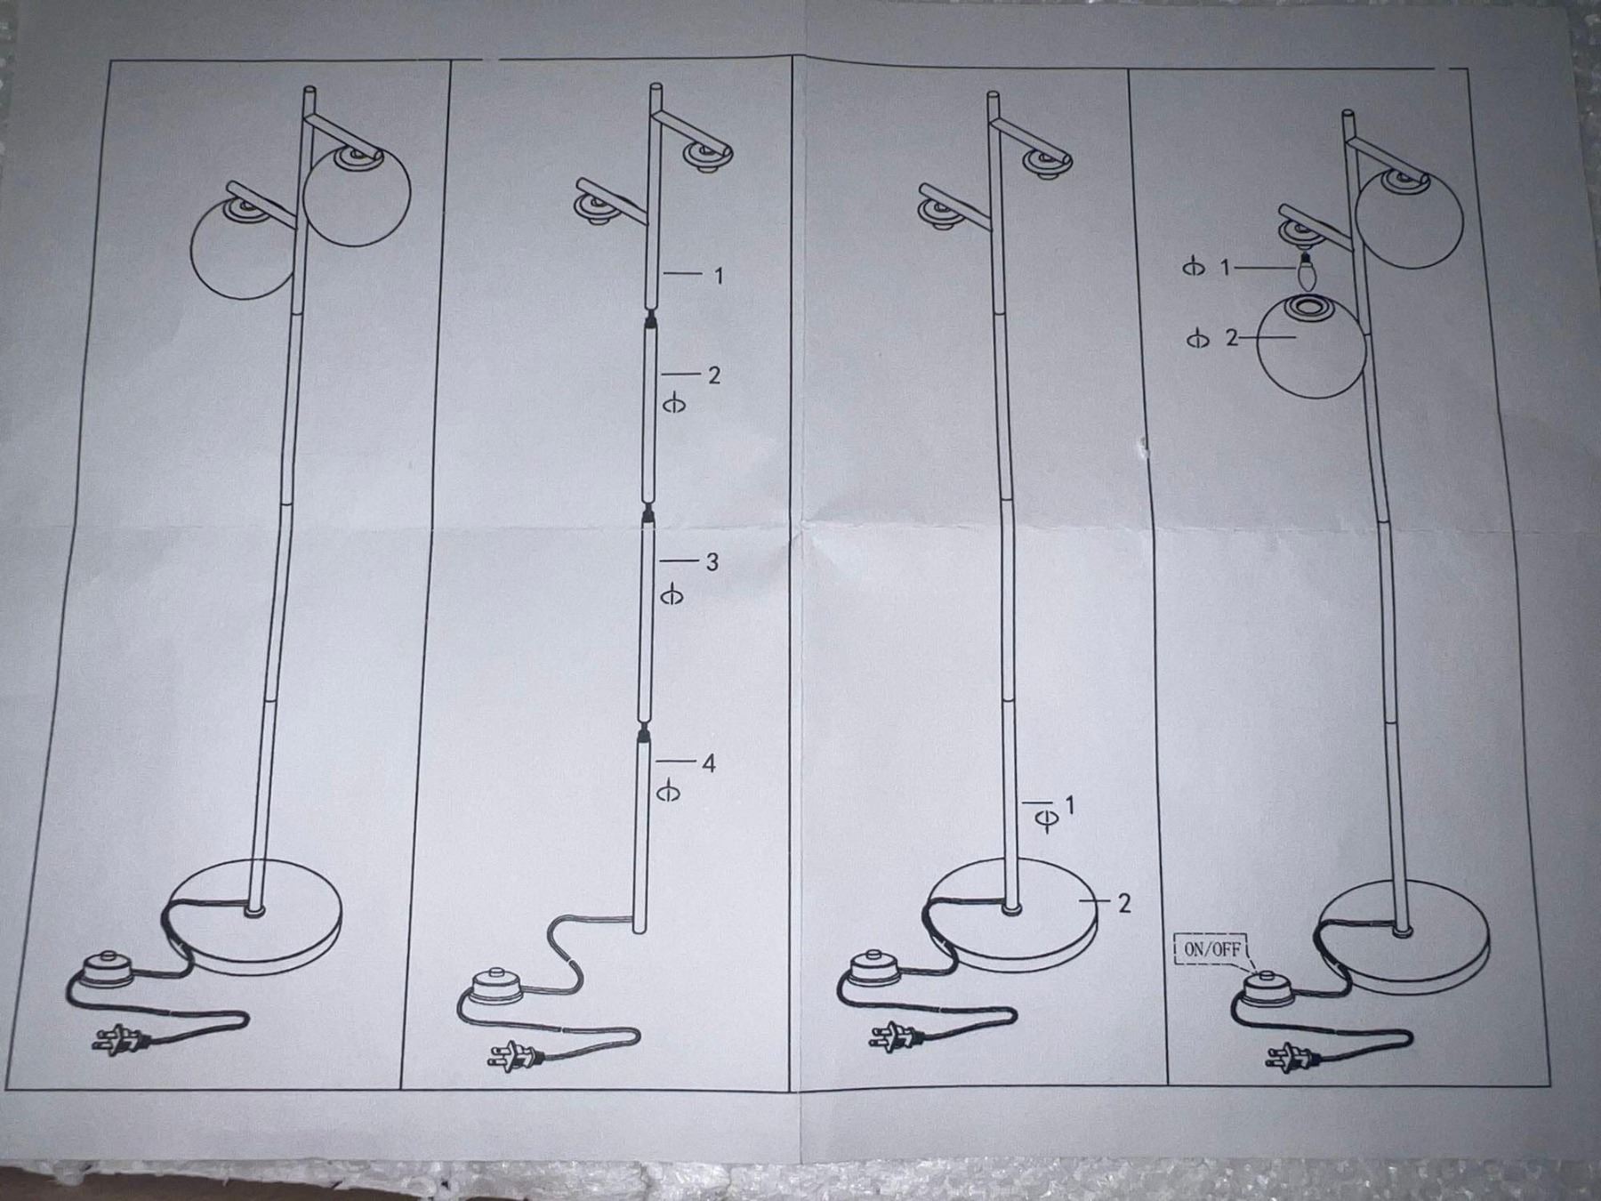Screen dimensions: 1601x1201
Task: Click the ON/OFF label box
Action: [x=1213, y=949]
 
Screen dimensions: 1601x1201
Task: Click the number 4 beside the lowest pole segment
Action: [x=708, y=763]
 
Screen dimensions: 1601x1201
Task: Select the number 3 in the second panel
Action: [x=712, y=561]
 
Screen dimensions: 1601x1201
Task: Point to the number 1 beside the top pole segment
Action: [x=719, y=276]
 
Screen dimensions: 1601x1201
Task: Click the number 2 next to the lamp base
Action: [x=1123, y=903]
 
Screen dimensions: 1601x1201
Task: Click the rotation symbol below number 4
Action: [x=668, y=791]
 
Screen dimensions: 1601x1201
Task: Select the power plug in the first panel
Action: [x=118, y=1038]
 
